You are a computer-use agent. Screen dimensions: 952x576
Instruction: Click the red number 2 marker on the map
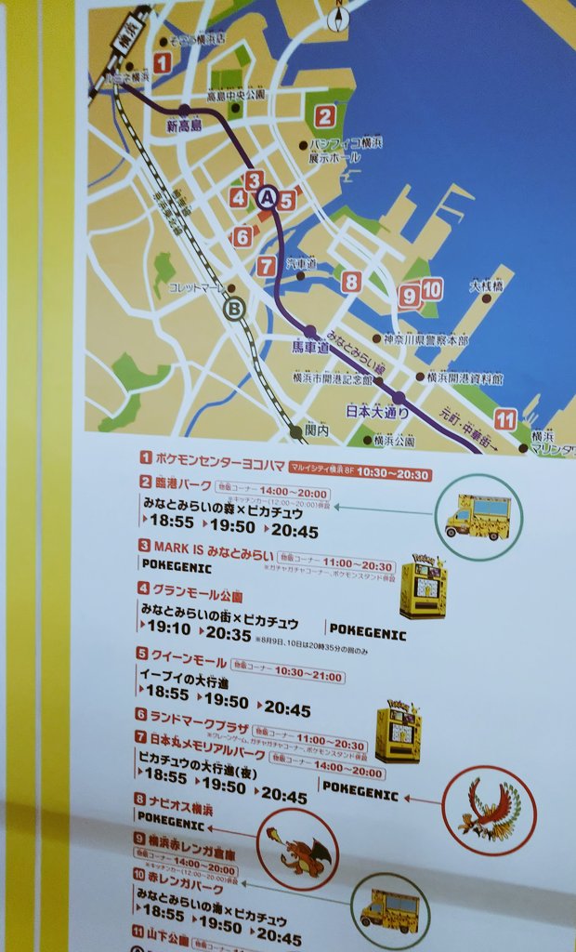324,116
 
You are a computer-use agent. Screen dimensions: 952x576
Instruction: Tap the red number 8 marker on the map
351,281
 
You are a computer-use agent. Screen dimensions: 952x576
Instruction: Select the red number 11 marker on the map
505,418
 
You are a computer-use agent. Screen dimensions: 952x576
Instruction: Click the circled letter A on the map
268,197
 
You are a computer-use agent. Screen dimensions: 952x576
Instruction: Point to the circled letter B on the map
236,308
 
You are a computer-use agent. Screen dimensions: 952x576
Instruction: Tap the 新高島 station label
184,126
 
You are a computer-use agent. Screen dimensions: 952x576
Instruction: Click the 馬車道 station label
311,347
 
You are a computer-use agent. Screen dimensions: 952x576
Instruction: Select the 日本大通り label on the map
377,410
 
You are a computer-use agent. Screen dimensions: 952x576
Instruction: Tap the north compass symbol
338,16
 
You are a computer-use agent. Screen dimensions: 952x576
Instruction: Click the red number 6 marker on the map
242,236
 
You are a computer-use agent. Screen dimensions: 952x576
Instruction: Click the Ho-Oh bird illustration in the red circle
489,810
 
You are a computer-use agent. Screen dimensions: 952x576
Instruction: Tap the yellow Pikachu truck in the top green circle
478,517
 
